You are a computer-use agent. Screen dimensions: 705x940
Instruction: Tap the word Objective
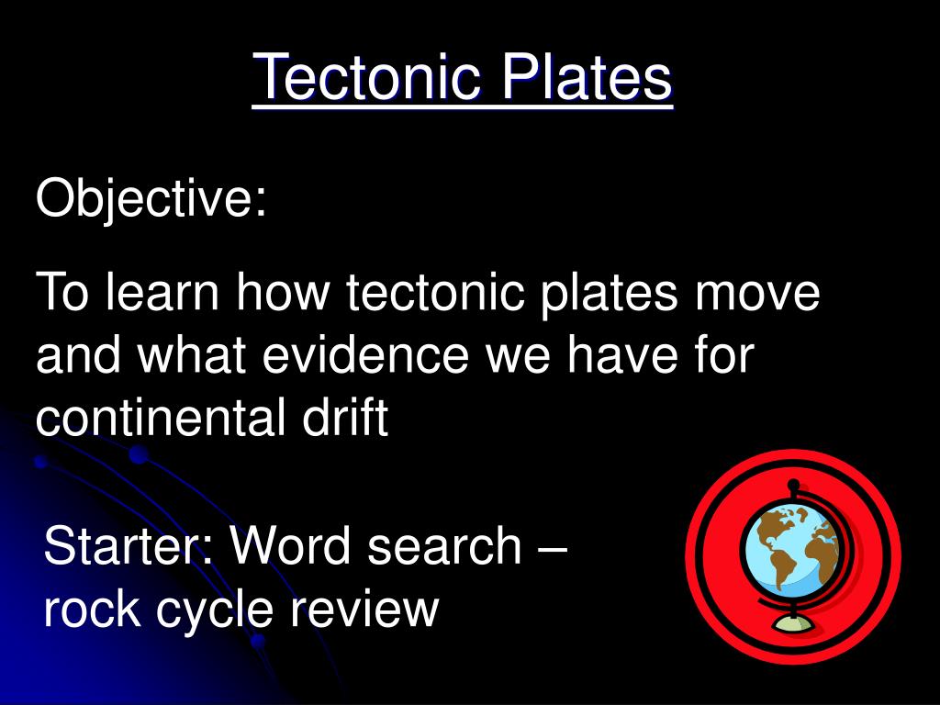click(x=151, y=199)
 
